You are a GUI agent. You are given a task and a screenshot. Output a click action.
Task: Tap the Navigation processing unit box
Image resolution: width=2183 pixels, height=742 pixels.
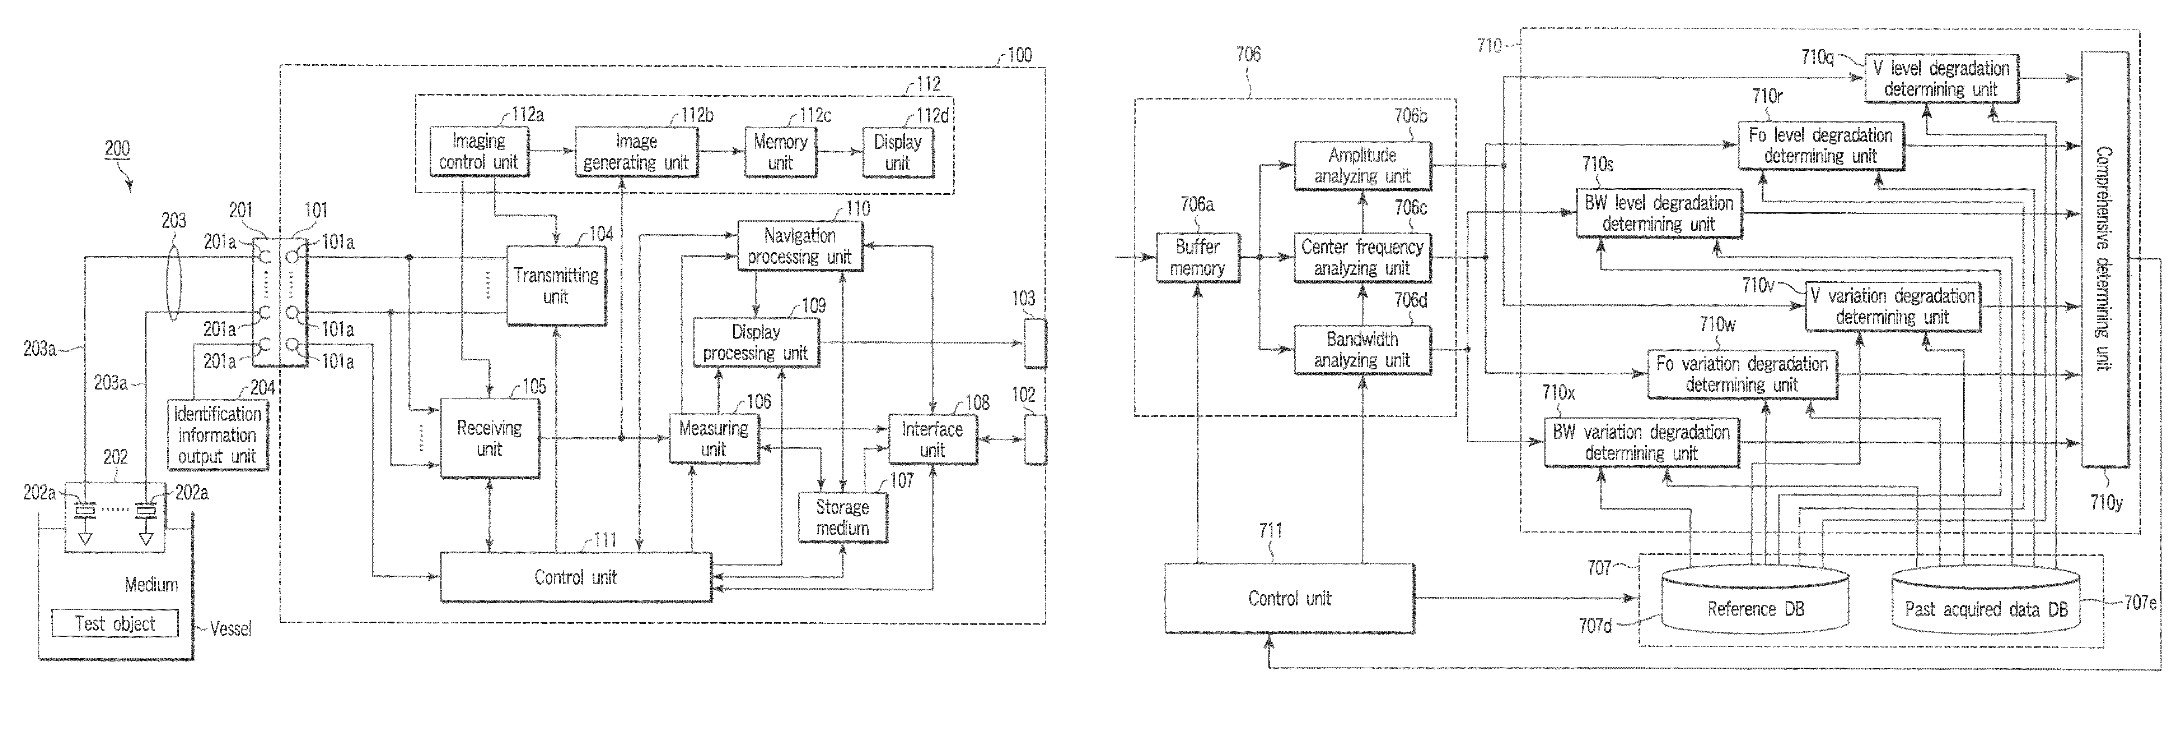pos(800,246)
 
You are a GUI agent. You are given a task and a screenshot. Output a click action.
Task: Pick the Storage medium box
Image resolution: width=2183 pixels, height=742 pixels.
pos(842,517)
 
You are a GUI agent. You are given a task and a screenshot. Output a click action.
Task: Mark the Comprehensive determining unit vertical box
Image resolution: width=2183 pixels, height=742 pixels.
pos(2104,259)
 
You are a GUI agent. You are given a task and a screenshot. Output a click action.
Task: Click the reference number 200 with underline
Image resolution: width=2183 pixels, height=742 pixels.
pos(117,149)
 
